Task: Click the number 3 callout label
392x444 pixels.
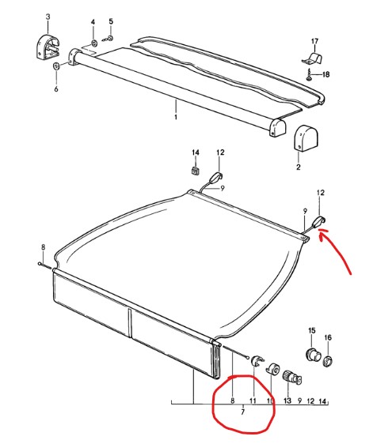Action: point(48,17)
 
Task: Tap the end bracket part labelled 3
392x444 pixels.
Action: point(48,47)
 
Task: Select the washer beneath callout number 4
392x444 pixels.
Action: point(93,43)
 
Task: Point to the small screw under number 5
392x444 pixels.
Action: point(108,38)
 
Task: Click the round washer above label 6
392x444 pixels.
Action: point(56,66)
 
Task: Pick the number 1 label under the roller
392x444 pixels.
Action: point(176,117)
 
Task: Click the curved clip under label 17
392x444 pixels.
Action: point(312,58)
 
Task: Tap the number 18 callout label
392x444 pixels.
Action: point(325,74)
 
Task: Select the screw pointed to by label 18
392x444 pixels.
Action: point(309,75)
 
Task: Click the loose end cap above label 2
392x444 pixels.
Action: point(306,138)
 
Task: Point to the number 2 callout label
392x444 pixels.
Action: point(299,167)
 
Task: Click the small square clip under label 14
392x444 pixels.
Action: point(195,171)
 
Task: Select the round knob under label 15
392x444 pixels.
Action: point(313,354)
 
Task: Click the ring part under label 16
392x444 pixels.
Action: point(328,360)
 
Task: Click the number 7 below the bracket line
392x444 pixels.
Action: point(242,412)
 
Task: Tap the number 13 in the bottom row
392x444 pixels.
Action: point(287,401)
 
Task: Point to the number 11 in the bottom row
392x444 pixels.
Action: point(253,401)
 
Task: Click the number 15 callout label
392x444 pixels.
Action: point(312,330)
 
